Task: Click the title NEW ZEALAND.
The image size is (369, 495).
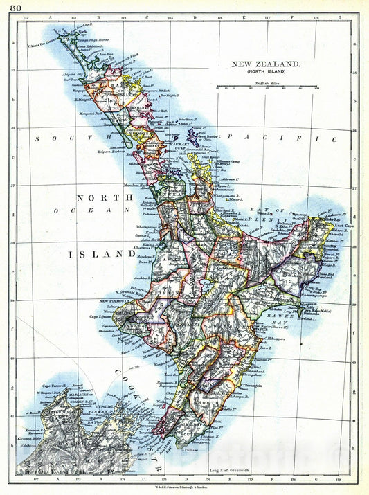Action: (265, 64)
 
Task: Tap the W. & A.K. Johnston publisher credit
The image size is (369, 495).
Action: (183, 489)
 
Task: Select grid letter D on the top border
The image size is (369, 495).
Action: (195, 15)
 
